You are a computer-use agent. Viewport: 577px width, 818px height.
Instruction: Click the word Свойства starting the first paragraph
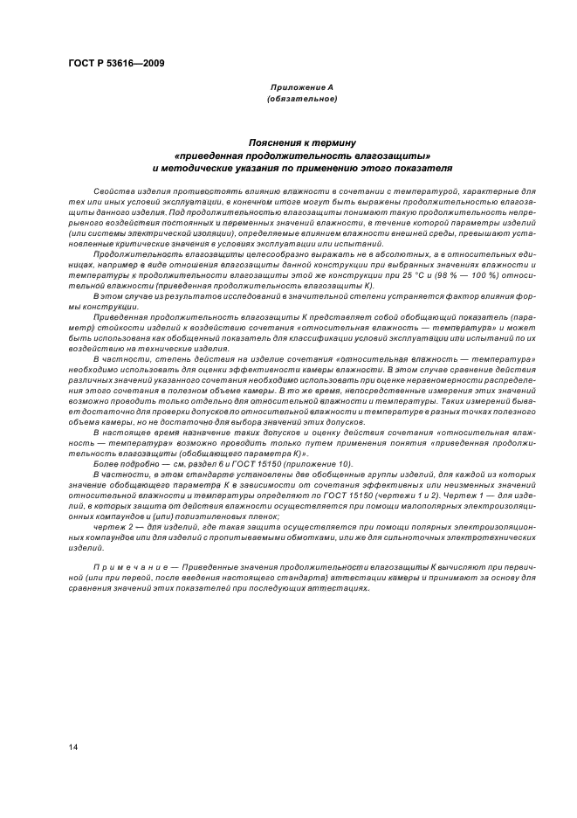111,190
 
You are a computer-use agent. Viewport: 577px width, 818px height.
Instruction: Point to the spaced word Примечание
125,567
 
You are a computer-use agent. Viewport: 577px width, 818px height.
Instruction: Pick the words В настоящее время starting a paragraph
131,433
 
